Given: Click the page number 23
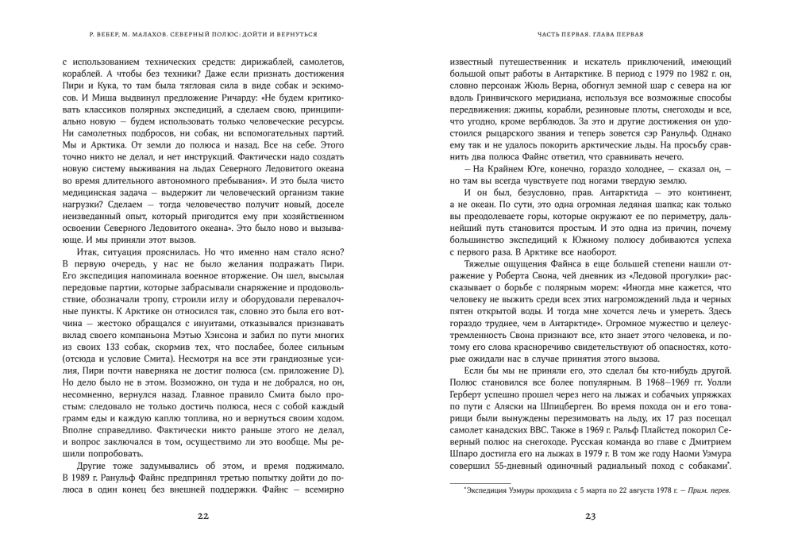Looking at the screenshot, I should pyautogui.click(x=591, y=516).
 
